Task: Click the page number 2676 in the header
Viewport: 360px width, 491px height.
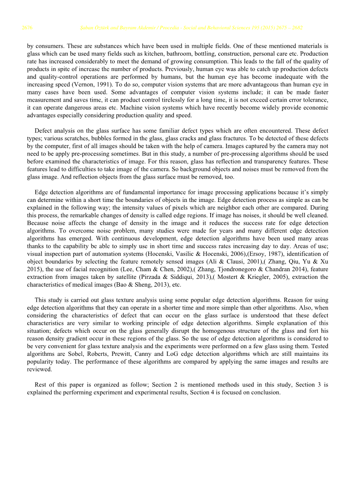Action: coord(27,28)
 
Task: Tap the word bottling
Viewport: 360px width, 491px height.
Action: coord(192,54)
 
